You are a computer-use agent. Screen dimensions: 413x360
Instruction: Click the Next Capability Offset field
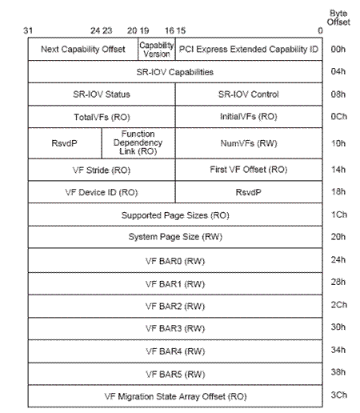tap(82, 49)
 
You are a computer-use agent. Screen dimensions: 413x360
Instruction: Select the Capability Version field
tap(157, 49)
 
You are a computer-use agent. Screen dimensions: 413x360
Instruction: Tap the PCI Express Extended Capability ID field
tap(248, 49)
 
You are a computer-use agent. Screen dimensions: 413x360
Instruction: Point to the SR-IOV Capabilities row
tap(174, 71)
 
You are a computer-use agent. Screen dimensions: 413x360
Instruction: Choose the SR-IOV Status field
tap(101, 94)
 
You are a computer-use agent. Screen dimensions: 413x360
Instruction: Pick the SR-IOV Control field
tap(248, 94)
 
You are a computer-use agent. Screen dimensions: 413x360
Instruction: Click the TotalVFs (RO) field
tap(101, 116)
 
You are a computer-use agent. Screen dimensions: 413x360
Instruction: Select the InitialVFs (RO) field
tap(248, 116)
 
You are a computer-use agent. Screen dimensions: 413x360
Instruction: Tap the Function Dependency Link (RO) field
tap(138, 142)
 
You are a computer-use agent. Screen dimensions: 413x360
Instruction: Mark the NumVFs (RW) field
tap(248, 143)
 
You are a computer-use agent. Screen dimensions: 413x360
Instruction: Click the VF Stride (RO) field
tap(101, 170)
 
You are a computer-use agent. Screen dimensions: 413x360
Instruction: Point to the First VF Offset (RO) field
tap(248, 170)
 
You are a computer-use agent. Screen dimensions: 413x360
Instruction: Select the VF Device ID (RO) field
tap(101, 192)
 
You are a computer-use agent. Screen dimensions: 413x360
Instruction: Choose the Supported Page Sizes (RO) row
tap(174, 215)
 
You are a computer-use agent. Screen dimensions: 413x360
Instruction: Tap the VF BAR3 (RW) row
tap(174, 328)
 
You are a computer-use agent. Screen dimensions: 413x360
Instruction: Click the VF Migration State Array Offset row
tap(174, 395)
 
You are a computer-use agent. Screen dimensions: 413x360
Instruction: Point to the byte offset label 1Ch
tap(338, 215)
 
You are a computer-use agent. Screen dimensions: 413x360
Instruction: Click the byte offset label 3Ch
tap(338, 395)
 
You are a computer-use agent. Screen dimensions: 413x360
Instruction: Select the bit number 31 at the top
tap(28, 30)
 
